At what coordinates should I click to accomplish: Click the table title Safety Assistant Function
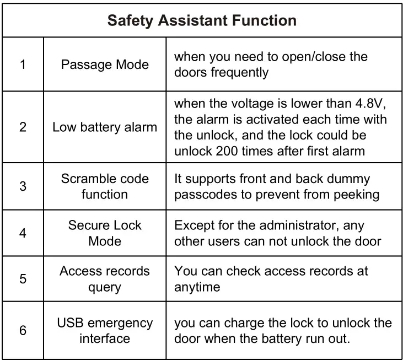[x=202, y=21]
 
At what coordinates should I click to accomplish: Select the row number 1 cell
[x=23, y=65]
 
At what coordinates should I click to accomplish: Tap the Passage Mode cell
[x=105, y=65]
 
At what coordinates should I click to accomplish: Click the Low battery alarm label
[x=105, y=127]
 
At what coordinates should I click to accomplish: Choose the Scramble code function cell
[x=105, y=186]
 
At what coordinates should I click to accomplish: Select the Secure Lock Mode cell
[x=105, y=233]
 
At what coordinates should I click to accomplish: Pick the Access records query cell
[x=105, y=279]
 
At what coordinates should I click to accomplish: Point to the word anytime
[x=197, y=287]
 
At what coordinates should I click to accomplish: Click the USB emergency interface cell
[x=105, y=330]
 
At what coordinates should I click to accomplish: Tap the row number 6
[x=23, y=330]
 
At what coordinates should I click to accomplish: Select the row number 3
[x=23, y=186]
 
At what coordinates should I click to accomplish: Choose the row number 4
[x=23, y=233]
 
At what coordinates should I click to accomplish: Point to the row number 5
[x=23, y=279]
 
